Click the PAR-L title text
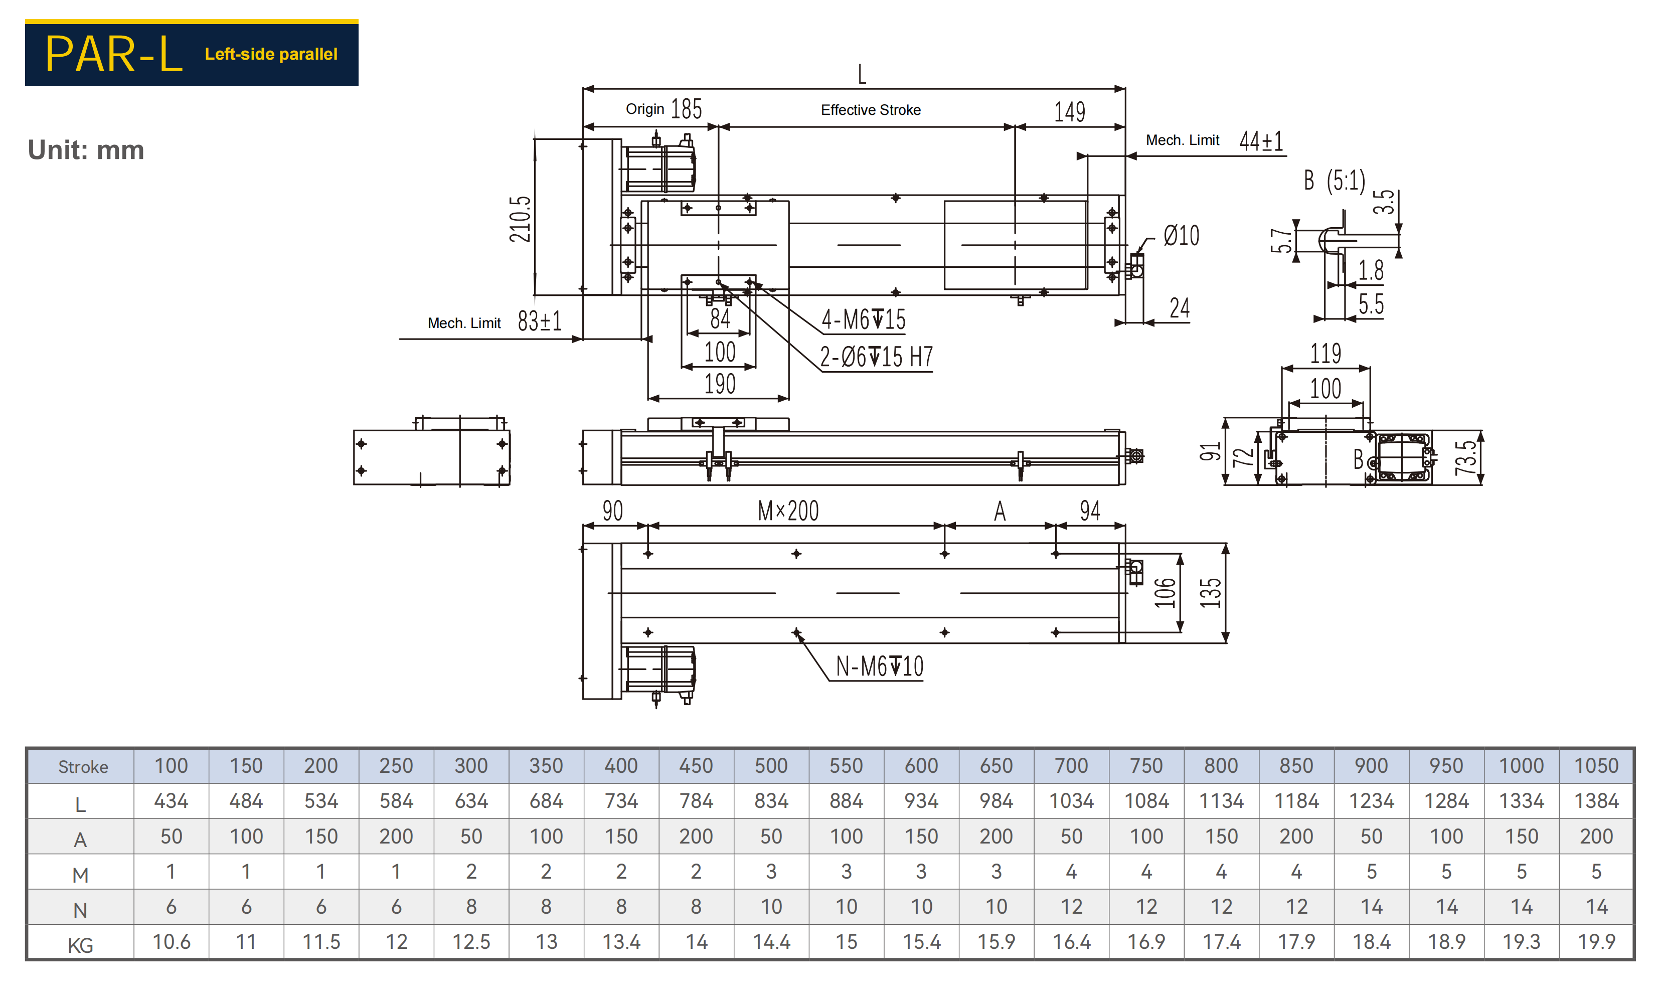point(114,54)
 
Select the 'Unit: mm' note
point(86,150)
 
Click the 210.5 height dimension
point(520,219)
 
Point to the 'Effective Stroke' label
point(871,110)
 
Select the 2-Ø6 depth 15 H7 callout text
point(876,357)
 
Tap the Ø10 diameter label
point(1181,236)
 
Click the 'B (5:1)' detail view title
point(1335,181)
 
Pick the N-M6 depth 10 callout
point(879,666)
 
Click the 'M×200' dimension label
point(788,511)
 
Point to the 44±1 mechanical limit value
point(1261,141)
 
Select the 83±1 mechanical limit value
point(539,321)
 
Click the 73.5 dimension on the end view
point(1466,458)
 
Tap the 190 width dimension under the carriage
point(720,384)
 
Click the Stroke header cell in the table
point(83,767)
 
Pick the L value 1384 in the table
point(1596,801)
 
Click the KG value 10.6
point(171,942)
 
